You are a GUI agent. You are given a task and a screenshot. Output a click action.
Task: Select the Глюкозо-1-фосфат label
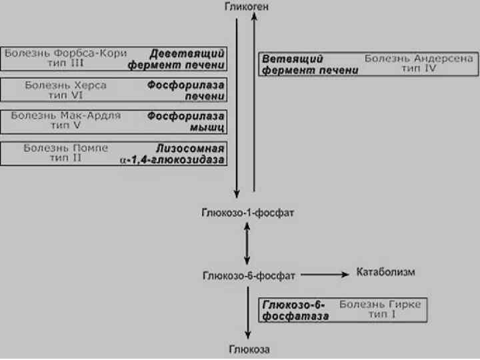click(x=247, y=213)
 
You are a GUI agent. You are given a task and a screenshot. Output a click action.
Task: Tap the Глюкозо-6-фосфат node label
click(x=248, y=275)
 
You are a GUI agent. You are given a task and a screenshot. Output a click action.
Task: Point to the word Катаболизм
click(x=386, y=272)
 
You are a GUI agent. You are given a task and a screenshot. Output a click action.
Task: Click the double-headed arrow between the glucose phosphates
click(x=247, y=243)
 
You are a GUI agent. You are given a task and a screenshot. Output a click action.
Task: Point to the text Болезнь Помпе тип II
click(x=65, y=153)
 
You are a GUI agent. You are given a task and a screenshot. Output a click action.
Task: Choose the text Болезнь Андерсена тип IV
click(x=419, y=64)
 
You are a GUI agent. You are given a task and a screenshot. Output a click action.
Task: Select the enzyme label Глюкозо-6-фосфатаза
click(x=296, y=310)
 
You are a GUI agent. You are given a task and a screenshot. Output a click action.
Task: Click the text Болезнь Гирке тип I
click(x=380, y=310)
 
